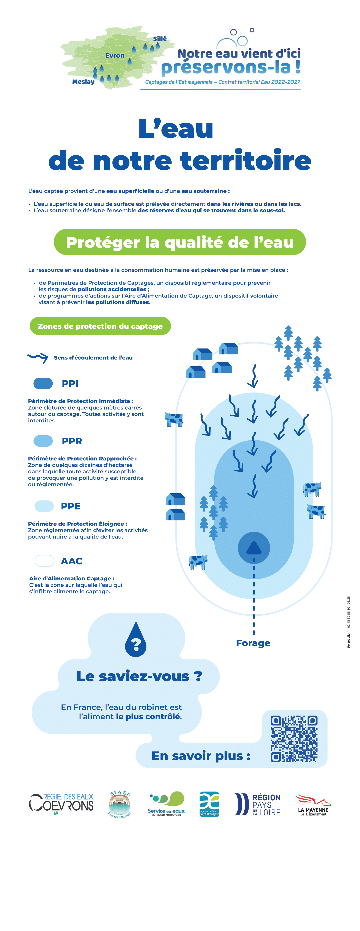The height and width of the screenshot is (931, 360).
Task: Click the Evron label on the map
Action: (115, 56)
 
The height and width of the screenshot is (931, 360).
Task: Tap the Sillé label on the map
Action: (160, 39)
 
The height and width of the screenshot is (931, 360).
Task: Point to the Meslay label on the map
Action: (83, 82)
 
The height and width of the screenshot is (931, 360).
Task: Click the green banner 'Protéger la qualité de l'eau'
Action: (180, 242)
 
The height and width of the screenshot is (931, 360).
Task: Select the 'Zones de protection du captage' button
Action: (100, 326)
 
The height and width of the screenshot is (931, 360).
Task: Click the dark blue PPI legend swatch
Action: (43, 383)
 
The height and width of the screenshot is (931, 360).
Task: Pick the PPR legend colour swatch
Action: (43, 441)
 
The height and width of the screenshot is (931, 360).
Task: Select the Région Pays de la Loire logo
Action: (257, 805)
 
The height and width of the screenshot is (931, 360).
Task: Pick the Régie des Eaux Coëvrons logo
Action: (61, 804)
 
